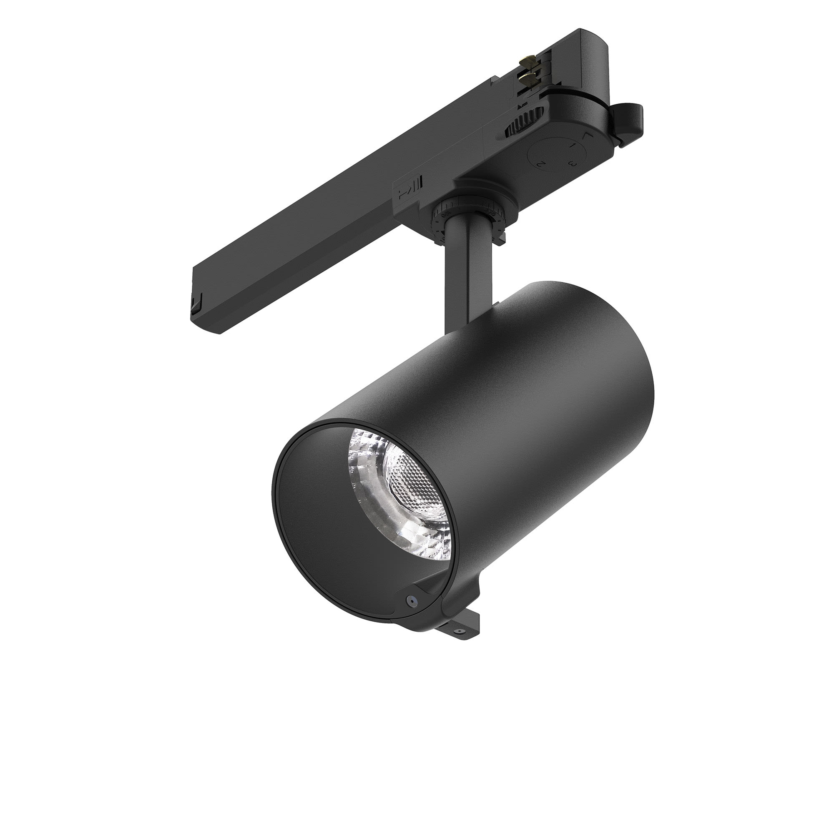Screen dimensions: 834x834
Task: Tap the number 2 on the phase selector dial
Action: (540, 163)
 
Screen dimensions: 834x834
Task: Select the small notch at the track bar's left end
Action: (196, 304)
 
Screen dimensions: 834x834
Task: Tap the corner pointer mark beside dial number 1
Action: (587, 135)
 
